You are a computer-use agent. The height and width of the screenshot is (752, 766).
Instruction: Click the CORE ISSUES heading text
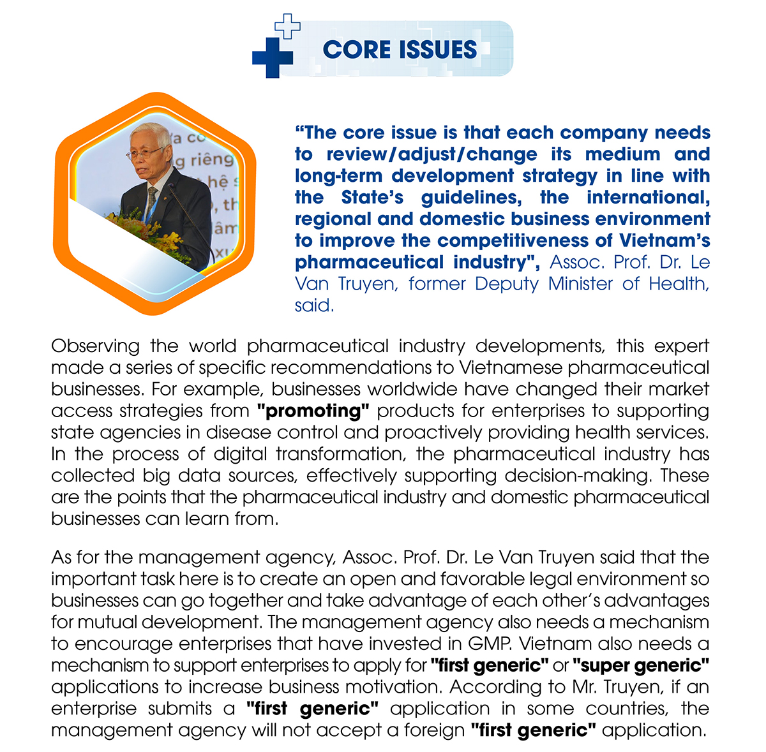point(400,50)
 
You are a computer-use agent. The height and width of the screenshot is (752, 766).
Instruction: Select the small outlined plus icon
point(287,26)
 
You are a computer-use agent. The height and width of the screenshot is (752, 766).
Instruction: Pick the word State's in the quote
point(372,198)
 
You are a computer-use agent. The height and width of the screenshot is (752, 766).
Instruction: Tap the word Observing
point(95,346)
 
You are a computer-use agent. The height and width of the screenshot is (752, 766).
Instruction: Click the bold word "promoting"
point(313,411)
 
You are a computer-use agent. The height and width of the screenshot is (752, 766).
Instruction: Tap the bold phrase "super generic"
point(641,666)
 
